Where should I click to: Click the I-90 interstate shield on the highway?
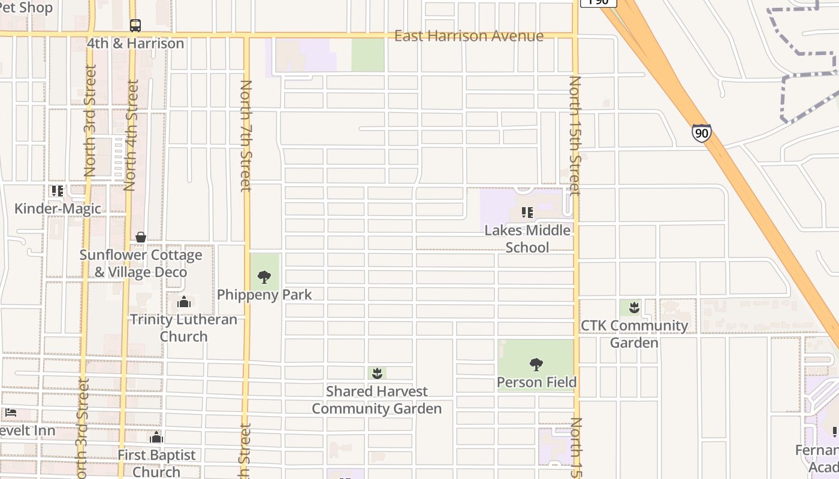click(701, 132)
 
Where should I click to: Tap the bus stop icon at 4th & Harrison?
click(135, 26)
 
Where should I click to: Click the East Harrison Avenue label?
click(469, 36)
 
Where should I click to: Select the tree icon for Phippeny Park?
click(264, 277)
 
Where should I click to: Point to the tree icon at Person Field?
click(536, 364)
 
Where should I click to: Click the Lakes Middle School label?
click(527, 239)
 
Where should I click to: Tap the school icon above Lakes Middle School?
click(527, 213)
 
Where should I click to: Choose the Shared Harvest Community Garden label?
click(377, 400)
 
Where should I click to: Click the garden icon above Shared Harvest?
click(377, 374)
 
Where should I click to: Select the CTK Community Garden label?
click(635, 334)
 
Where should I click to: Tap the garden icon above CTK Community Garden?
click(634, 308)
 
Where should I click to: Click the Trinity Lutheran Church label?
click(184, 328)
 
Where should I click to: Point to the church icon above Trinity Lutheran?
click(184, 302)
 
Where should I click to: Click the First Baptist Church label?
click(156, 463)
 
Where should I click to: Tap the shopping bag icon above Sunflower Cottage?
click(140, 237)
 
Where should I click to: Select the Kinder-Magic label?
click(58, 208)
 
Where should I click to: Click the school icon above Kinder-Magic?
click(58, 191)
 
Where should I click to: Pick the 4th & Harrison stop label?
click(135, 44)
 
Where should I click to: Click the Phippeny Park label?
click(264, 295)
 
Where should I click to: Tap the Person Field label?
click(537, 382)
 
